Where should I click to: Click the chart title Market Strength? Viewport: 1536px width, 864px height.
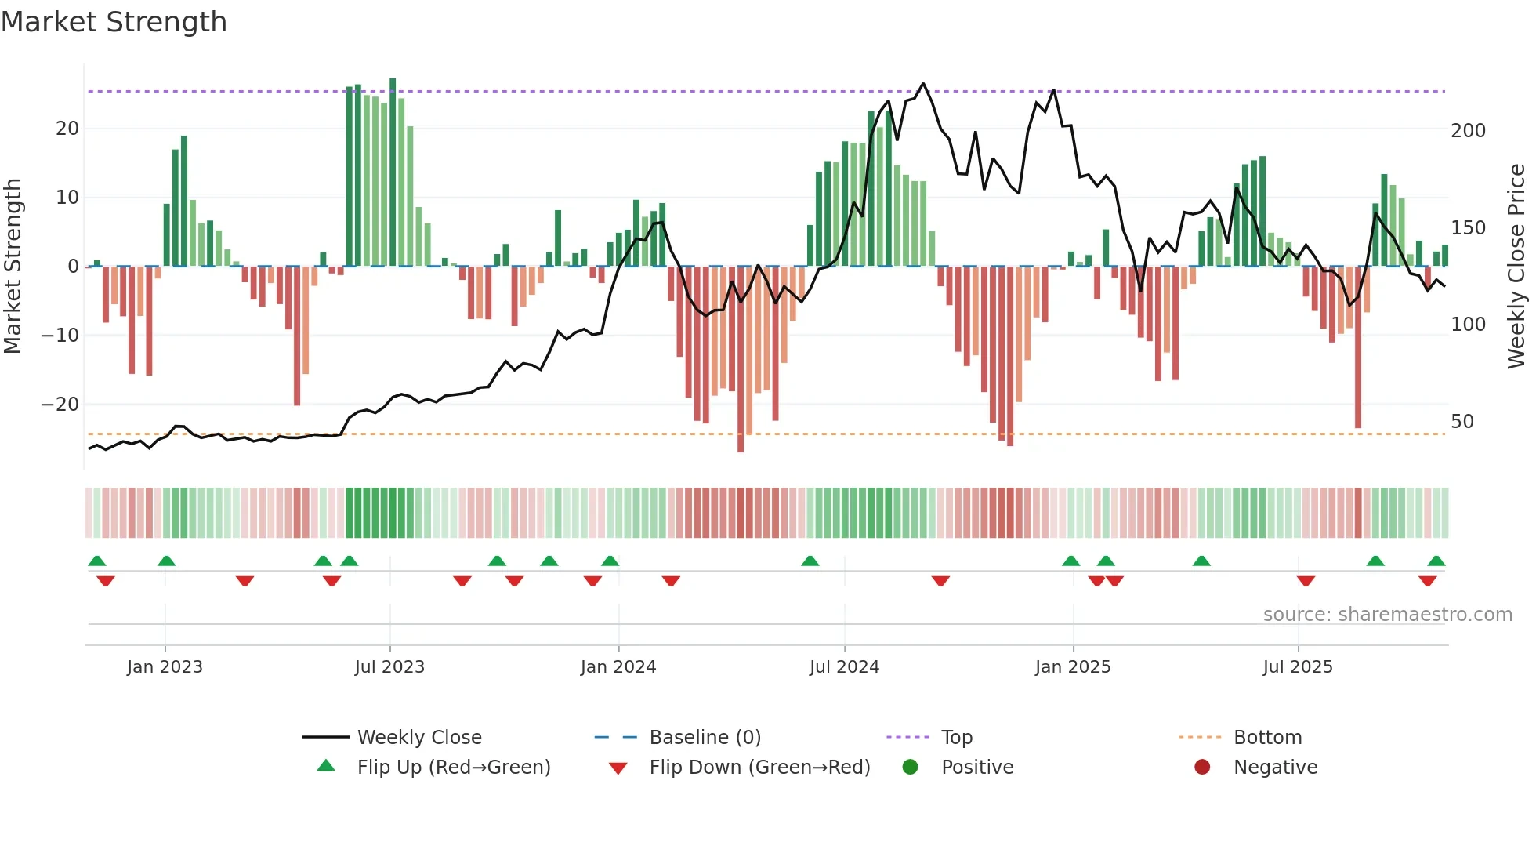114,22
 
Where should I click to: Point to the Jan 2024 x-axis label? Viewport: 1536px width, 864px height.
618,667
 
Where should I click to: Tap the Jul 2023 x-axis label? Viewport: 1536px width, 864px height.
389,667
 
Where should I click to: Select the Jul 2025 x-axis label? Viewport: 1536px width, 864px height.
1297,667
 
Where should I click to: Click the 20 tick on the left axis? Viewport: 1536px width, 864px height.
67,129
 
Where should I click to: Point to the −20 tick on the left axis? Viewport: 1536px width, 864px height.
60,405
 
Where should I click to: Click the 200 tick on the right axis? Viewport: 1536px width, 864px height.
1468,131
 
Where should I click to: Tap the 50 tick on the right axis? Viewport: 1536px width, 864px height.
1462,422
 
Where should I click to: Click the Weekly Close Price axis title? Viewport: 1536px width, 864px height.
1516,267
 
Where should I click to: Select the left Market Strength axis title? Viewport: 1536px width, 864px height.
13,267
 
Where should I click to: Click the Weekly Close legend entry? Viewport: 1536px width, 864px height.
418,738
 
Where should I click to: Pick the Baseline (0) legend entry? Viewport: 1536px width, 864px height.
705,738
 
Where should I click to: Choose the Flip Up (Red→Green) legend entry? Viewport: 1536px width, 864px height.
453,768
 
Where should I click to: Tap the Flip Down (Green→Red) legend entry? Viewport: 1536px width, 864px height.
759,768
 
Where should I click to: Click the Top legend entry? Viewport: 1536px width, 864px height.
956,738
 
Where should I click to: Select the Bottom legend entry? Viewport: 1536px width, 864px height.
1267,738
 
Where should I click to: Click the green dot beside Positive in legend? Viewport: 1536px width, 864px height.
910,767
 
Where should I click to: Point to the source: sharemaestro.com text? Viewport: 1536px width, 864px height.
1387,615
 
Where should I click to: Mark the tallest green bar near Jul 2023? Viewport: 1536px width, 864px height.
393,172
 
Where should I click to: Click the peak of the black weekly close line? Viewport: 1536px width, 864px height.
923,83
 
